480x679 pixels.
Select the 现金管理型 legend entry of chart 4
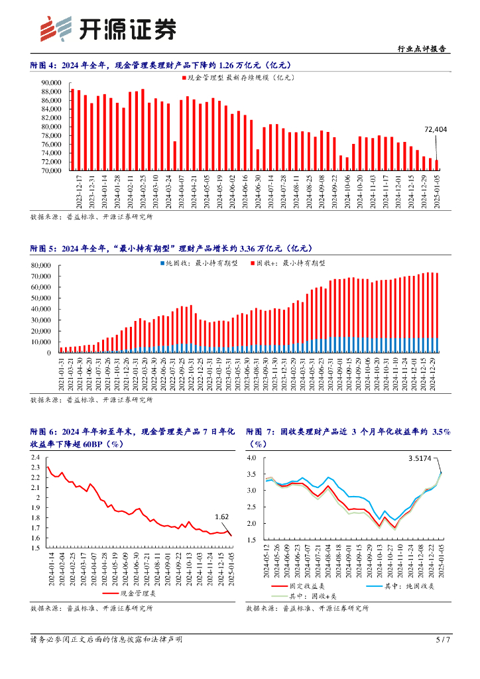point(241,78)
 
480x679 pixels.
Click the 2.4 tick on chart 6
point(36,458)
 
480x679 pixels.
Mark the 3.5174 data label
point(420,458)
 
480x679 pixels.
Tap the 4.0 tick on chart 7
point(251,458)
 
